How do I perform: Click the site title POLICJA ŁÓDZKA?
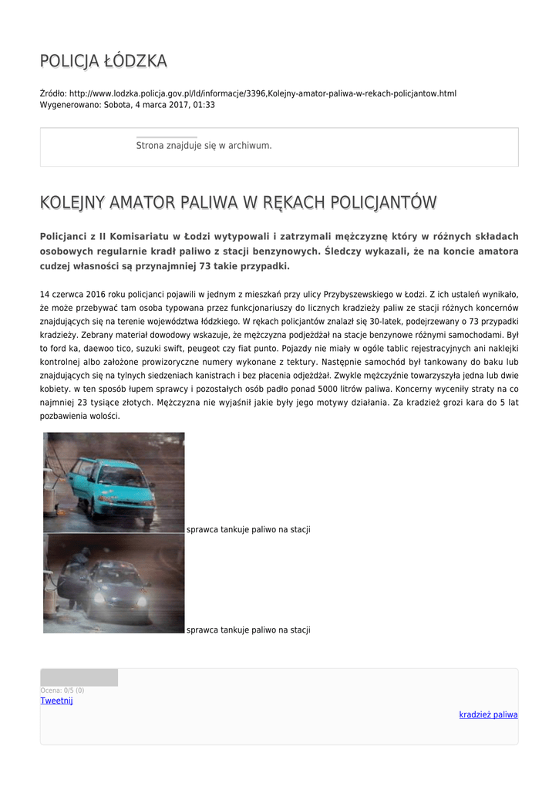coord(103,61)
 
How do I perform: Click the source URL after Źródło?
coord(262,93)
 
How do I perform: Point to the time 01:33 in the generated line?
coord(204,104)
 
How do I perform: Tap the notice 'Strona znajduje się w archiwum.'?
coord(204,145)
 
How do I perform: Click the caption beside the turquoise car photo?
coord(248,530)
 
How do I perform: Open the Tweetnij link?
coord(56,701)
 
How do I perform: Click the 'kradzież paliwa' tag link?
coord(488,714)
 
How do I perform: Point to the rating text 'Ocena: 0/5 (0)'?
coord(62,690)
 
